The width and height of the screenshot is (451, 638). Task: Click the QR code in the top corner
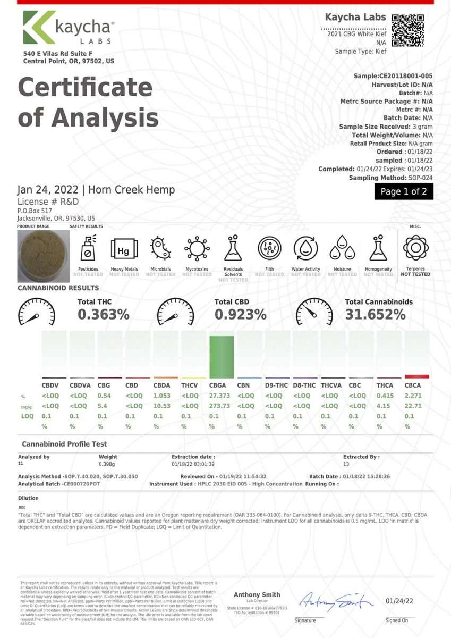click(408, 31)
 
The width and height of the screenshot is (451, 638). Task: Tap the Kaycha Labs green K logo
click(39, 27)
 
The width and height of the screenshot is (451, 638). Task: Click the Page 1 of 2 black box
click(404, 191)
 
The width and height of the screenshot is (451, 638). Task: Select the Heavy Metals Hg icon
click(124, 249)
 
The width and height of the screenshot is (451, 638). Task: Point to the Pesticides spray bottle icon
click(88, 249)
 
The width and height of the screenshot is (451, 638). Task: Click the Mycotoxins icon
click(197, 249)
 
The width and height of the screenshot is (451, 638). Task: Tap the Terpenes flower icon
click(415, 248)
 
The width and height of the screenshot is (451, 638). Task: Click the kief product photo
click(39, 256)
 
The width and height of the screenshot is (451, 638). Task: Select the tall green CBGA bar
click(222, 357)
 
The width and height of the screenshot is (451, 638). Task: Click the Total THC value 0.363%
click(104, 315)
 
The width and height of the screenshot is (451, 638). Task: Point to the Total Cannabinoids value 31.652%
click(376, 315)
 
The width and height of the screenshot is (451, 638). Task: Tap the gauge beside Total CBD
click(175, 312)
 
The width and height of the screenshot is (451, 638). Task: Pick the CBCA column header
click(413, 385)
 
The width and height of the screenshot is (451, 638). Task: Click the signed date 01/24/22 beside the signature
click(399, 601)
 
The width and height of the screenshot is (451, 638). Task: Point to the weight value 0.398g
click(108, 464)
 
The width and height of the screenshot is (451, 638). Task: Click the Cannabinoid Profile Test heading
click(64, 444)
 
